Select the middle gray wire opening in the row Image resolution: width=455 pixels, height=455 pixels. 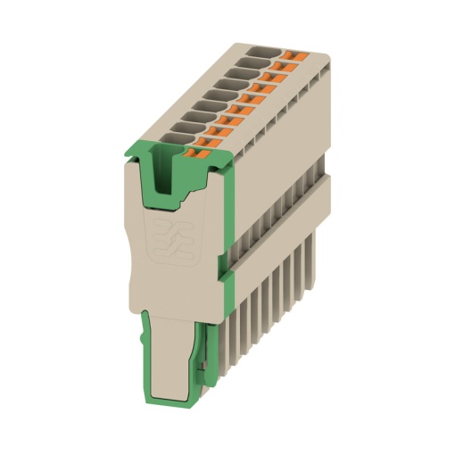220,94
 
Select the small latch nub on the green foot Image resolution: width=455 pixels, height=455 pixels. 204,367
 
